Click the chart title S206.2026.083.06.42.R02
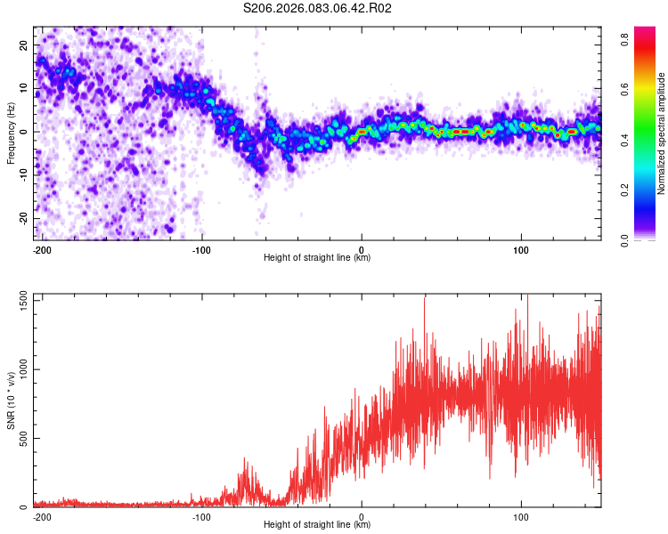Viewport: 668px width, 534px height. coord(318,8)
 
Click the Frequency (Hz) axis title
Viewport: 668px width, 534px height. coord(11,133)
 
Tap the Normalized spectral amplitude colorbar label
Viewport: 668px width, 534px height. coord(661,133)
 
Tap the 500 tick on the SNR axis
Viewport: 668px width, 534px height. coord(20,439)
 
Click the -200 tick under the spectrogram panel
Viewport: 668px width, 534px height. coord(42,248)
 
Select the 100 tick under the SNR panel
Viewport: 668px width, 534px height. coord(521,516)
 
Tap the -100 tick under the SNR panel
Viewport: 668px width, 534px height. coord(201,516)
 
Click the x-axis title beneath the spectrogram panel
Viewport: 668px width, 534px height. coord(317,258)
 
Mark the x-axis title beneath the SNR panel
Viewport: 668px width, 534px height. coord(317,525)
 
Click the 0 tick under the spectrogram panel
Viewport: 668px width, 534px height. coord(362,248)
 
